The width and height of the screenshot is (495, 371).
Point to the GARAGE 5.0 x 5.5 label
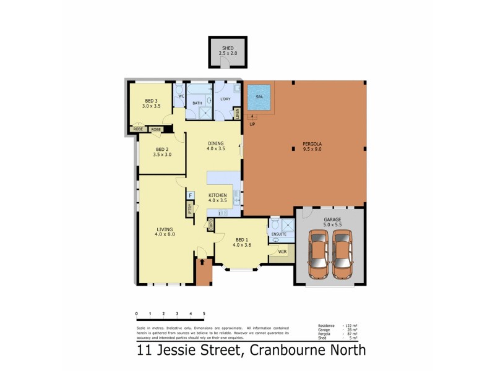[x=332, y=223]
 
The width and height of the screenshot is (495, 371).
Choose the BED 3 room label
[x=152, y=103]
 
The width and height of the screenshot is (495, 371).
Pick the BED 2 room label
[x=162, y=151]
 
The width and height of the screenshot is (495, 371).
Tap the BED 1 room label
[x=242, y=242]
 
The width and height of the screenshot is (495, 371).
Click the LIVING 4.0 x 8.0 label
[x=165, y=232]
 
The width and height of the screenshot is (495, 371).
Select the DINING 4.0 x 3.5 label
[x=215, y=146]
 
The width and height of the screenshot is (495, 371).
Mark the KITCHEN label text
[x=218, y=195]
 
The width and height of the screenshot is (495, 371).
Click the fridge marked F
[x=191, y=196]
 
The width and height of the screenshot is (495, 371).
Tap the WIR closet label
[x=282, y=252]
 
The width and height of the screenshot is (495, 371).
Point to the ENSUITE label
[x=278, y=234]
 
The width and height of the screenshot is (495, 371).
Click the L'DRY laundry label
[x=225, y=99]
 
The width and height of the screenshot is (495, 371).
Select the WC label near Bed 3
[x=181, y=96]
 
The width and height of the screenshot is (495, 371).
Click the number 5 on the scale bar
[x=204, y=314]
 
